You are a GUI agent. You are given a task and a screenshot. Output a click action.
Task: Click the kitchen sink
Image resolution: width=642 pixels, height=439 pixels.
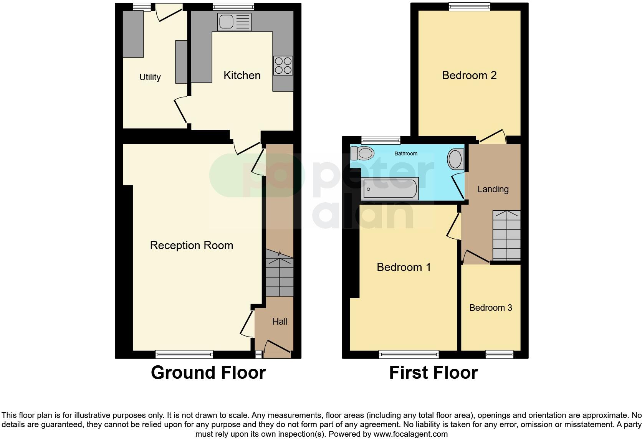234,21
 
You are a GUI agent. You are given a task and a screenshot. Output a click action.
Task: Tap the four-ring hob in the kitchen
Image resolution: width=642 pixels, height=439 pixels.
283,65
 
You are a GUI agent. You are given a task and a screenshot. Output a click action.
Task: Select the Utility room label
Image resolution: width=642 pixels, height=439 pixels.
150,77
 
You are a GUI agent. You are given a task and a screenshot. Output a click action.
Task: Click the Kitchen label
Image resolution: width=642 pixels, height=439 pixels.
242,75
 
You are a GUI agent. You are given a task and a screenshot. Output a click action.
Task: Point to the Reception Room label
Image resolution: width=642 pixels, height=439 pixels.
192,245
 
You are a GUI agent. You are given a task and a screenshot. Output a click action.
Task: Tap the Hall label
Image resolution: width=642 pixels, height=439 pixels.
280,322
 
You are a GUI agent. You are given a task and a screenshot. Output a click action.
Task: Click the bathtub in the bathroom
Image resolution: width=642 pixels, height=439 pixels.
390,189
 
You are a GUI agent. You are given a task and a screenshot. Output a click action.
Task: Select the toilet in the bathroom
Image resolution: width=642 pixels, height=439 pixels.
362,153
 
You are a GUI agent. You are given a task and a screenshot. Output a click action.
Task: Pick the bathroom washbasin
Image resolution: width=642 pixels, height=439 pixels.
455,159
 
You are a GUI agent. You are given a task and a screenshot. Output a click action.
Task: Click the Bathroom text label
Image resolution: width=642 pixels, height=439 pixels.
406,153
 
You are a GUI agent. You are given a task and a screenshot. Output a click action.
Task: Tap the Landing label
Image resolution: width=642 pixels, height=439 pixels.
493,189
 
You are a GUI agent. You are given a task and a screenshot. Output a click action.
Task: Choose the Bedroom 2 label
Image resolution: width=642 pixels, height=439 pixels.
469,75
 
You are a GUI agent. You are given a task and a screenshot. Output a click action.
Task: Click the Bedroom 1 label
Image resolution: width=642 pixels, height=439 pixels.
404,267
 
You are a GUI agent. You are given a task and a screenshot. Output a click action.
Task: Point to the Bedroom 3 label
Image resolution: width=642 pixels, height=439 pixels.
491,308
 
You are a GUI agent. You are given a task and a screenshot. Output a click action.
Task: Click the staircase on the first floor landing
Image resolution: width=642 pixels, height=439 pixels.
506,235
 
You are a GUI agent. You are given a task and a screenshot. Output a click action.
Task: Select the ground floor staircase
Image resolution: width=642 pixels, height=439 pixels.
280,274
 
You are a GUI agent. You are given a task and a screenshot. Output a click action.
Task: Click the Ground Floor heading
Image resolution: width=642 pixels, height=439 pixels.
208,373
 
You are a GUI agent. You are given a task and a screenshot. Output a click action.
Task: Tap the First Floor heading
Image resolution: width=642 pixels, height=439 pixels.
434,373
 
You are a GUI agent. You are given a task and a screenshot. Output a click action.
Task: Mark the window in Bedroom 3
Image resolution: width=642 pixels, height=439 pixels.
500,354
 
